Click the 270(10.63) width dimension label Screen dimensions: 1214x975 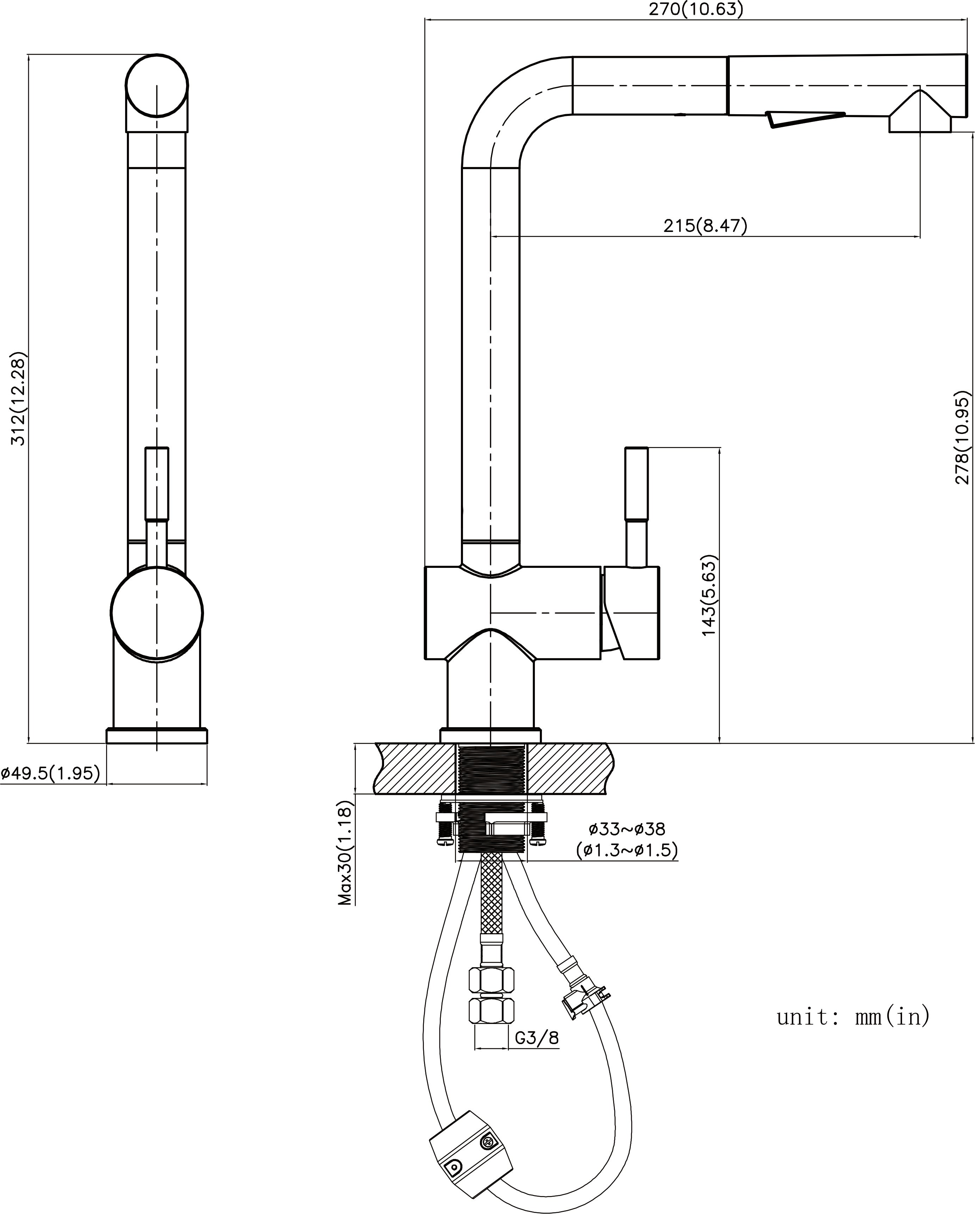[696, 10]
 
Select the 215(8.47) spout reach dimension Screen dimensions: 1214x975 [705, 226]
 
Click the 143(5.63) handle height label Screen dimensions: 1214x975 [709, 597]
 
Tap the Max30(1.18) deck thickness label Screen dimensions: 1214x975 [346, 852]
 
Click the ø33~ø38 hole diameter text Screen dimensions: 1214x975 [627, 829]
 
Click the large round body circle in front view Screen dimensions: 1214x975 [156, 613]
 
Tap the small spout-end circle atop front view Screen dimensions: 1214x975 [156, 86]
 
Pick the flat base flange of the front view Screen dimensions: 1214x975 [156, 736]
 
